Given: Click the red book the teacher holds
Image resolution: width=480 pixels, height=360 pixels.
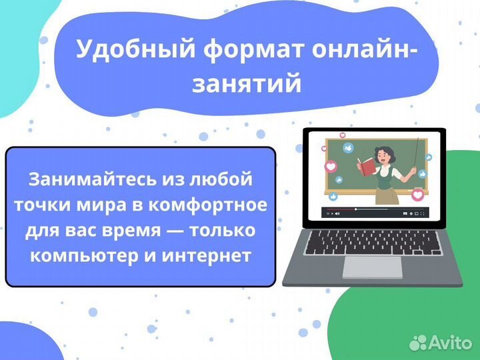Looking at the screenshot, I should [x=365, y=164].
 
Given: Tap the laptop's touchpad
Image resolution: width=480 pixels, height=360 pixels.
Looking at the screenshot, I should [x=372, y=268].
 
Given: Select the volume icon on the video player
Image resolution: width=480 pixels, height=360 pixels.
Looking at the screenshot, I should [x=337, y=213].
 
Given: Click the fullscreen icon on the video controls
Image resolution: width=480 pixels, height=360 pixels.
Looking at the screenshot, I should [x=422, y=213].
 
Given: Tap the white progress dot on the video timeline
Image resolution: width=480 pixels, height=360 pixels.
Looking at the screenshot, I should [x=355, y=209].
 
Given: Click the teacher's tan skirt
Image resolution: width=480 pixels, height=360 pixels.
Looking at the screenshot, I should [x=385, y=194].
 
